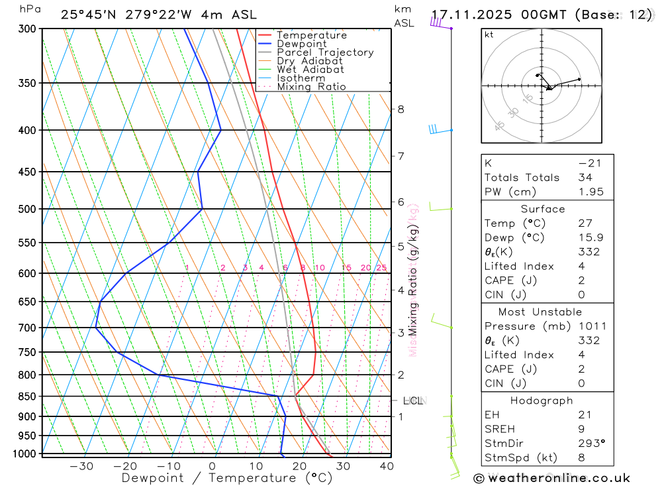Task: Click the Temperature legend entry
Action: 311,35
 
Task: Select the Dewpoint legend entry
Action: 301,44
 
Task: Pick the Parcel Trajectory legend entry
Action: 325,52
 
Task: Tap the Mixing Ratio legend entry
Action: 311,87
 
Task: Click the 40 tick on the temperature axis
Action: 387,466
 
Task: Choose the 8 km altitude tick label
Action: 401,109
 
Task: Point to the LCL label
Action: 413,400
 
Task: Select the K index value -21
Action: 585,163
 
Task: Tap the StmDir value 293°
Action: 588,444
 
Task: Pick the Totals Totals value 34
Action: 585,178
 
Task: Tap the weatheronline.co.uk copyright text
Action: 552,478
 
